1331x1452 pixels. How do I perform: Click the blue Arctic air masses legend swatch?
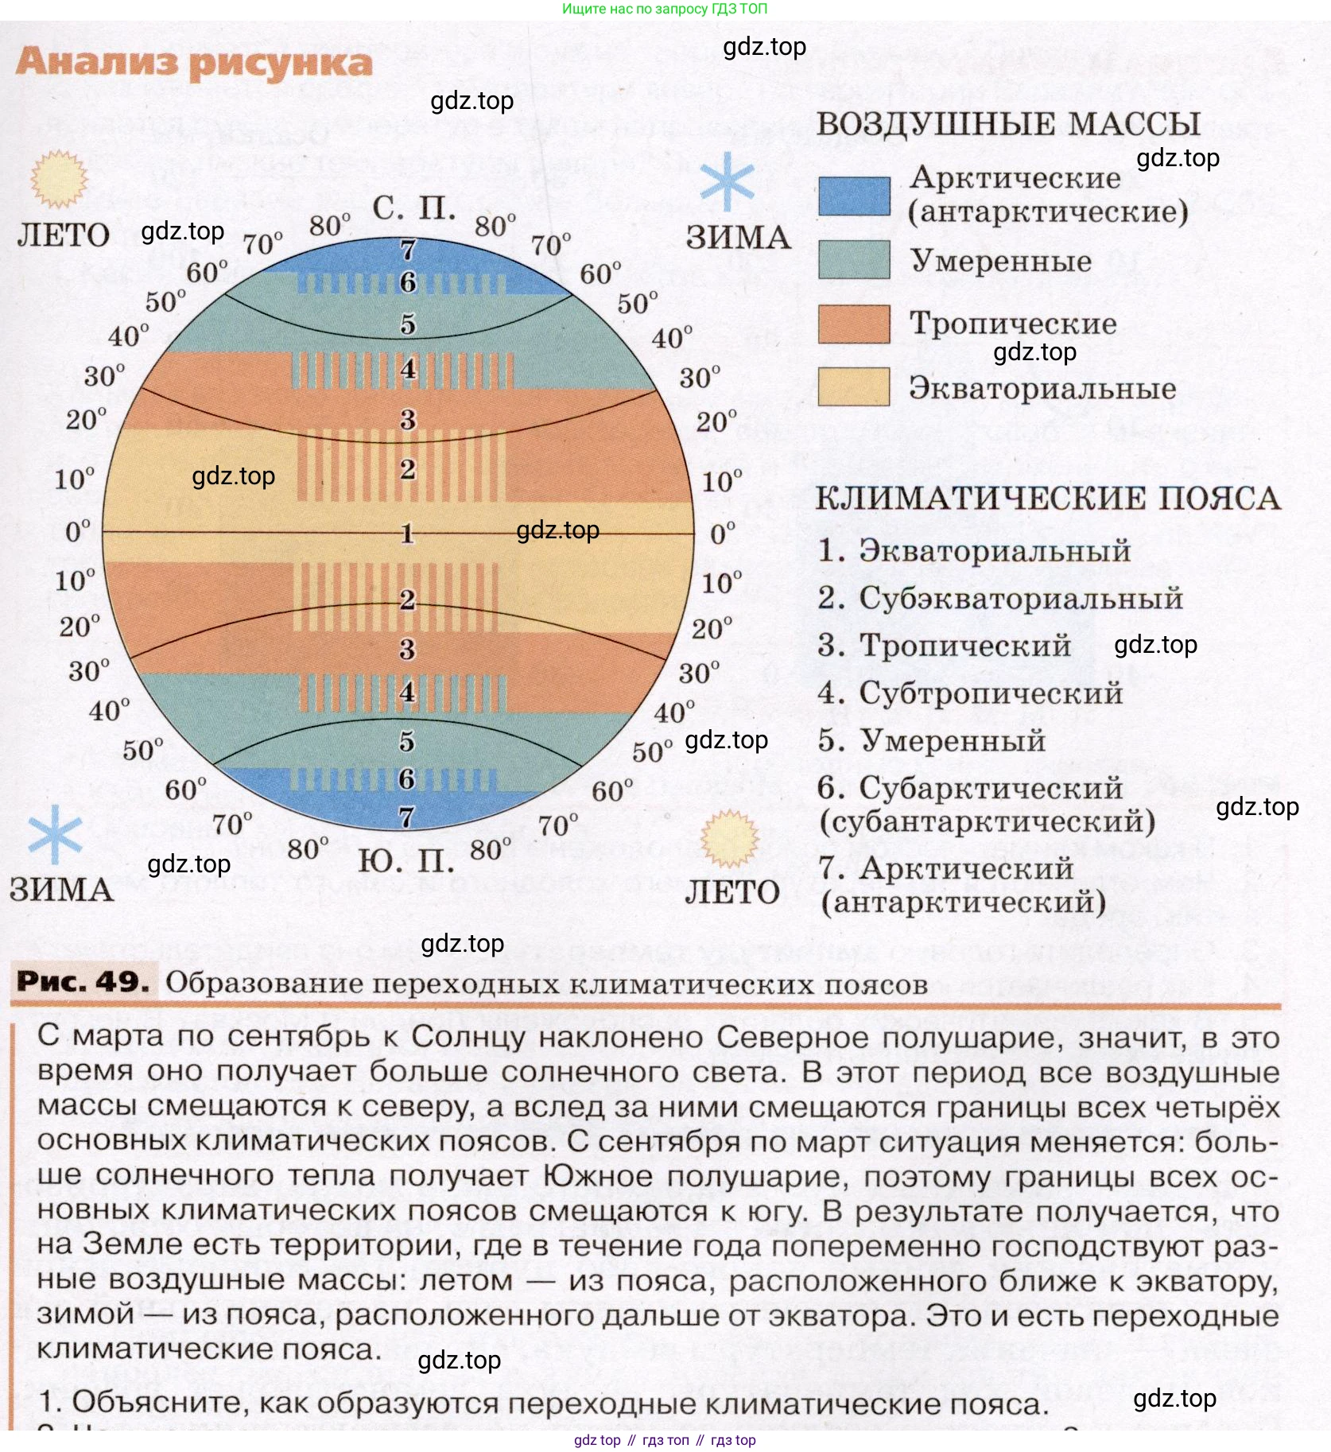(x=854, y=196)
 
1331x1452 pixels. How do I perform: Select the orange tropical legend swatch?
(x=854, y=324)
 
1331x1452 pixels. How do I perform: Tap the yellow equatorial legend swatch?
(x=854, y=387)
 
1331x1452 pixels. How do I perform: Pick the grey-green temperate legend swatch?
(x=854, y=260)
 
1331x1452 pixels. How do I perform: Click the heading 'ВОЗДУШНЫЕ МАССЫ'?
(x=1008, y=125)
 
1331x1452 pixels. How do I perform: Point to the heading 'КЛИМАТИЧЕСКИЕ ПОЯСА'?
(x=1048, y=499)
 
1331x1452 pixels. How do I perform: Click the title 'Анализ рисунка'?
(x=194, y=64)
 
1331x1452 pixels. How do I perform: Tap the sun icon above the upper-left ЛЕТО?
(x=58, y=179)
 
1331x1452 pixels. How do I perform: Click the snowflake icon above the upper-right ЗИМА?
(x=727, y=181)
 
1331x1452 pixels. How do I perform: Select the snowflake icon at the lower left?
(x=55, y=834)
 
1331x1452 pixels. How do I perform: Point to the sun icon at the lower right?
(x=729, y=838)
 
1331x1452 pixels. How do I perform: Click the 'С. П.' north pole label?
(x=414, y=208)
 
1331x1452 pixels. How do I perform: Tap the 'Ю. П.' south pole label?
(x=406, y=861)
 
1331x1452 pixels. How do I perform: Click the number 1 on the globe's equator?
(x=408, y=533)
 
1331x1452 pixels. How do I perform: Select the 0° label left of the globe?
(x=78, y=531)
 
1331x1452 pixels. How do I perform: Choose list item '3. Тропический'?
(x=945, y=646)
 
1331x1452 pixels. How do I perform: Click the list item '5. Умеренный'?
(x=931, y=741)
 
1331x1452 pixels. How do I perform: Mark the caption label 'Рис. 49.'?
(x=83, y=982)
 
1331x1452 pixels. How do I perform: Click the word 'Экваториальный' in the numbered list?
(x=995, y=550)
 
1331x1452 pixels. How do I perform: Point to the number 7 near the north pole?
(x=408, y=250)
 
